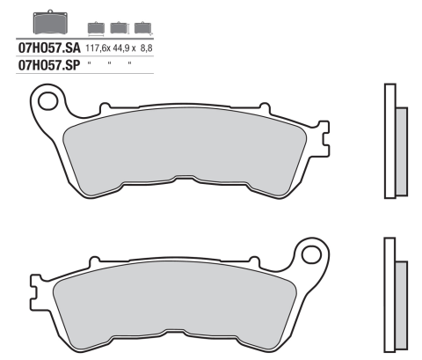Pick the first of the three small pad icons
[x=97, y=27]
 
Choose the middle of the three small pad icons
[x=118, y=27]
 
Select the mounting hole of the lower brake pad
[x=309, y=256]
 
